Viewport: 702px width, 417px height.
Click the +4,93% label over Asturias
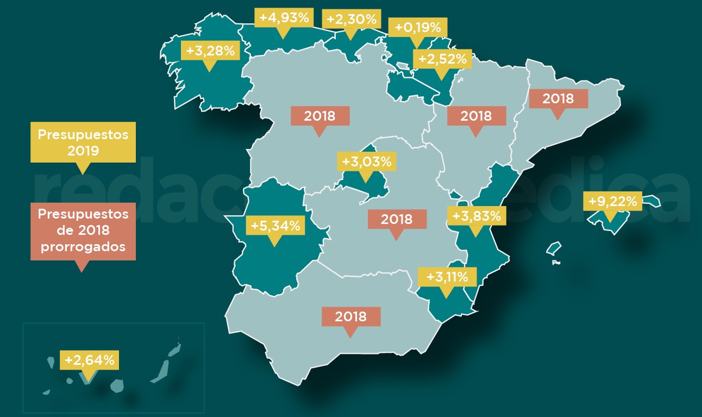pos(284,17)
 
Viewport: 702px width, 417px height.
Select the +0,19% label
pos(417,27)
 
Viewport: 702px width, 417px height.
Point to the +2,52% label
pos(442,59)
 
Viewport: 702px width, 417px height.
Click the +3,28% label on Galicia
pos(210,51)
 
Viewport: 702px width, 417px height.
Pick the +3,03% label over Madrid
pos(366,161)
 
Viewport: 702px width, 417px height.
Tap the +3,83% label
pos(477,216)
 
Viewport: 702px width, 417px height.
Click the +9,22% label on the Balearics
pos(612,202)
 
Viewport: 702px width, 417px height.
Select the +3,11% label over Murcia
pos(447,277)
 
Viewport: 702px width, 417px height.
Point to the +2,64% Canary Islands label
pos(90,360)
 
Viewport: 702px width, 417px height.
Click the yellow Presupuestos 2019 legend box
pos(83,142)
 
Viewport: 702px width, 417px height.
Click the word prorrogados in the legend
pos(83,246)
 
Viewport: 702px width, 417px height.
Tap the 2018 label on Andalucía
pos(350,316)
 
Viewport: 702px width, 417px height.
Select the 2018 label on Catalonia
pos(558,99)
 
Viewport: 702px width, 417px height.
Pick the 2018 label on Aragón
pos(476,115)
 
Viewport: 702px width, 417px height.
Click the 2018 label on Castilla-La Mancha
pos(397,219)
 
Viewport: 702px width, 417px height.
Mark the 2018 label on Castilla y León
pos(319,115)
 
